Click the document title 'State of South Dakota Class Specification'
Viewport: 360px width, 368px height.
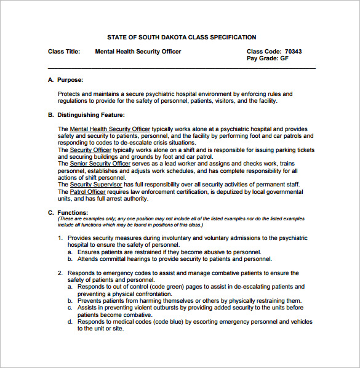click(x=182, y=38)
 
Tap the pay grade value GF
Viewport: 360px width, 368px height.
click(x=284, y=59)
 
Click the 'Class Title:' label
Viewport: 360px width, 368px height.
click(x=64, y=52)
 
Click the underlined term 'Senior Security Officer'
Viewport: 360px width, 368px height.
click(x=100, y=163)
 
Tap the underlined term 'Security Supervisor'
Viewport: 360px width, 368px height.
click(x=97, y=184)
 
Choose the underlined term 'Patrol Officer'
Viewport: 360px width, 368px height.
click(x=88, y=191)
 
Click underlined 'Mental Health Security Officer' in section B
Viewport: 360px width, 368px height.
click(x=110, y=129)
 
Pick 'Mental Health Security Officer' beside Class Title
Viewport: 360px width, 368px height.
click(x=138, y=52)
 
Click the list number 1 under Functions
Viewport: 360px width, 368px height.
click(x=60, y=238)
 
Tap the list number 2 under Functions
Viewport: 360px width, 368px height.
click(x=60, y=273)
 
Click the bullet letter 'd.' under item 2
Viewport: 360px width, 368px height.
click(x=70, y=322)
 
